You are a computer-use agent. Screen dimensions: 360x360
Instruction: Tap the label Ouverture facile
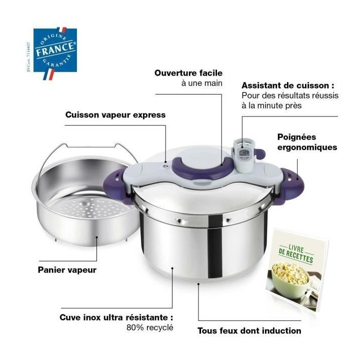(188, 73)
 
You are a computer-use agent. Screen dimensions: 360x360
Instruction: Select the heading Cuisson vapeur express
(115, 114)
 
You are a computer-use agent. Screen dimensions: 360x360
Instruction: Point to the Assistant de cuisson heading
(288, 85)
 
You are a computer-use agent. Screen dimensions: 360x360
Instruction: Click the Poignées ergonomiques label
(306, 141)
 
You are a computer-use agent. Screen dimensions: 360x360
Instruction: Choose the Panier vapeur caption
(67, 270)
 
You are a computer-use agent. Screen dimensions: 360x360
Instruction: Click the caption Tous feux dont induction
(249, 330)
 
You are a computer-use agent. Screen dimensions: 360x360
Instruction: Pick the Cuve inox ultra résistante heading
(116, 317)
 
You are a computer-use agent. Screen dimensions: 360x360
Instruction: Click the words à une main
(201, 83)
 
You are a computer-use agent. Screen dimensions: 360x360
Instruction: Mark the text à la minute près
(272, 105)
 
